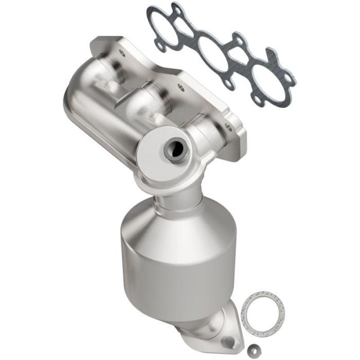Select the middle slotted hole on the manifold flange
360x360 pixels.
179,87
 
